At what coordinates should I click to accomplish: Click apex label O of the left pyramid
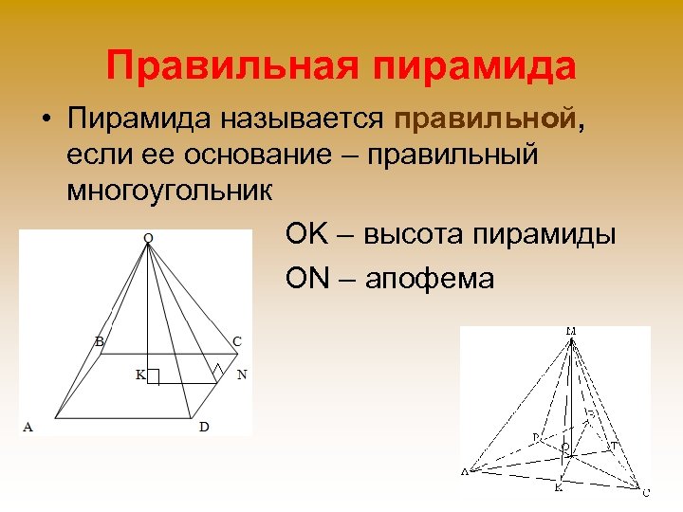pyautogui.click(x=147, y=237)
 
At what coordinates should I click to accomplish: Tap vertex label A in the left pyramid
pyautogui.click(x=28, y=428)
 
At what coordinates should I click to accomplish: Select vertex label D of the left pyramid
pyautogui.click(x=204, y=428)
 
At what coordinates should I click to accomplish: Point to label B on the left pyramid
pyautogui.click(x=99, y=340)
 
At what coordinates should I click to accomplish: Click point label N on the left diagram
pyautogui.click(x=242, y=375)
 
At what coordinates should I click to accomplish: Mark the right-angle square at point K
pyautogui.click(x=154, y=375)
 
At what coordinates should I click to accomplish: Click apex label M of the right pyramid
pyautogui.click(x=571, y=331)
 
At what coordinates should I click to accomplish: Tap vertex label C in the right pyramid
pyautogui.click(x=646, y=492)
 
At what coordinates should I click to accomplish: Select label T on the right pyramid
pyautogui.click(x=613, y=445)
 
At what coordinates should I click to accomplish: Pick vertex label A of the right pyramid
pyautogui.click(x=465, y=471)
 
